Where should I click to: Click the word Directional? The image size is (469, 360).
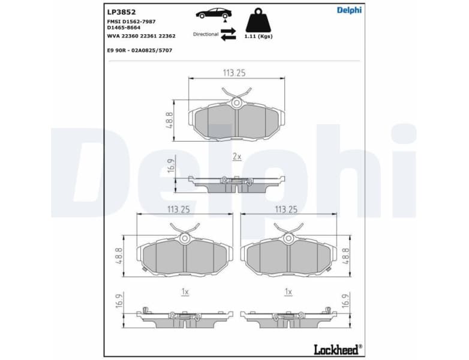206,34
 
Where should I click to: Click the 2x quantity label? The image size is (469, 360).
236,156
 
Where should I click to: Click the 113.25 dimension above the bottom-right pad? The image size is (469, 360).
286,209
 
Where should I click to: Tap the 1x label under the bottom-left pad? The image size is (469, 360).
185,292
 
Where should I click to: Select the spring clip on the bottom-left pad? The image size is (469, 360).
185,229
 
